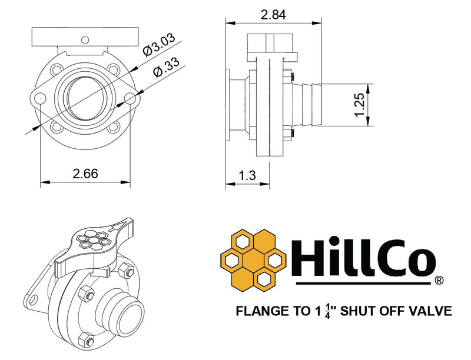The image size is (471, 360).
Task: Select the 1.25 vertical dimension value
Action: [x=360, y=104]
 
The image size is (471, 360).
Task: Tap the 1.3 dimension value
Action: [x=248, y=174]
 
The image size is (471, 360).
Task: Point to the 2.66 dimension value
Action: [x=85, y=174]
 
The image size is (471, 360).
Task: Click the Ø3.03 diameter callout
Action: [x=157, y=45]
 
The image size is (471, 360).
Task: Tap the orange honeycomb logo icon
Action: [x=253, y=259]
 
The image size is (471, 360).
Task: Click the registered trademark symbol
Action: [x=439, y=281]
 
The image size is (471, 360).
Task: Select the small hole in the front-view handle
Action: [x=85, y=39]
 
